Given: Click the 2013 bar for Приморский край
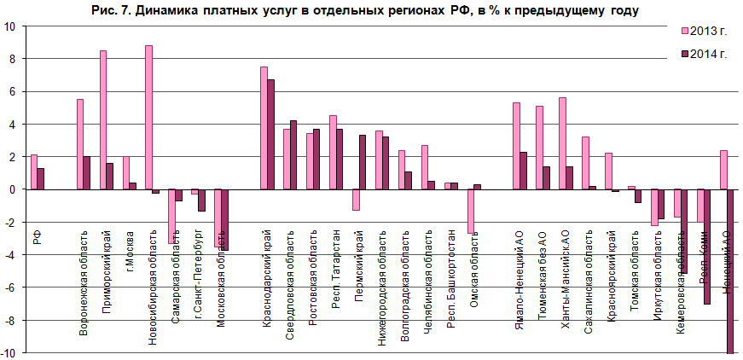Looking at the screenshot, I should (x=102, y=119).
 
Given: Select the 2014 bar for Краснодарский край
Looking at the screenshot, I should (x=271, y=134).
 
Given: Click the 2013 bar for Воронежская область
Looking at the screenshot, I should (x=79, y=144).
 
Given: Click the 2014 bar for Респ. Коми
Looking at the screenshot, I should (x=707, y=247).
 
